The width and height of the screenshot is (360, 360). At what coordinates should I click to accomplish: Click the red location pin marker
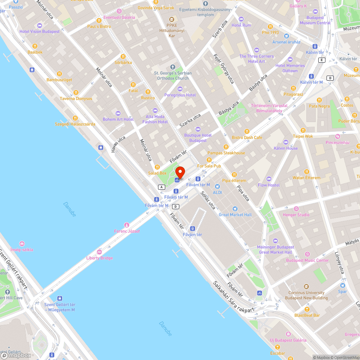click(x=180, y=172)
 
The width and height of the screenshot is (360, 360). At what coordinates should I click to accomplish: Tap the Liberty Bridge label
click(x=99, y=258)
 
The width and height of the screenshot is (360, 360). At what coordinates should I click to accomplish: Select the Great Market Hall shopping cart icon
click(x=235, y=209)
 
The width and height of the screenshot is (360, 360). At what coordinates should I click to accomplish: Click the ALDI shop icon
click(x=217, y=186)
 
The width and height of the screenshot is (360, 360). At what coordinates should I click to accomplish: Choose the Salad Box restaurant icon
click(x=157, y=167)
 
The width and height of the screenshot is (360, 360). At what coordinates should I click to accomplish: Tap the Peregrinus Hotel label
click(x=180, y=95)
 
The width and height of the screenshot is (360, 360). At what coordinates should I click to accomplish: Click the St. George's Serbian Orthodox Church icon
click(x=172, y=67)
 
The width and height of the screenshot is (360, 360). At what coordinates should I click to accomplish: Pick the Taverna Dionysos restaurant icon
click(x=76, y=93)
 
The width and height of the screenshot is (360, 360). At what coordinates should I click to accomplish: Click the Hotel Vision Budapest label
click(x=40, y=31)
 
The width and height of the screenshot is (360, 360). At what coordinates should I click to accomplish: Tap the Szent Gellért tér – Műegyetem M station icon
click(x=59, y=298)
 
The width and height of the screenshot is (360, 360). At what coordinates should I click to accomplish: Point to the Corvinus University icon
click(x=306, y=287)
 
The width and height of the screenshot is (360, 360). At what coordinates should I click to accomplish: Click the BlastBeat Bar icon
click(x=307, y=309)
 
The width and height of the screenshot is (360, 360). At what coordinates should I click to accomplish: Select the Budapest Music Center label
click(x=307, y=260)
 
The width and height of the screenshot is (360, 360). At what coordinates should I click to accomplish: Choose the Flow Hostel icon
click(x=269, y=179)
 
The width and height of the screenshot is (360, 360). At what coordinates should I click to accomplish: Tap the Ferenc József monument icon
click(x=126, y=225)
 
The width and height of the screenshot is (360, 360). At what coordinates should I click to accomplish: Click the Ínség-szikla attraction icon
click(x=22, y=244)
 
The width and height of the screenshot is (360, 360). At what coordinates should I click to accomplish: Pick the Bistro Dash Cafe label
click(x=247, y=138)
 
